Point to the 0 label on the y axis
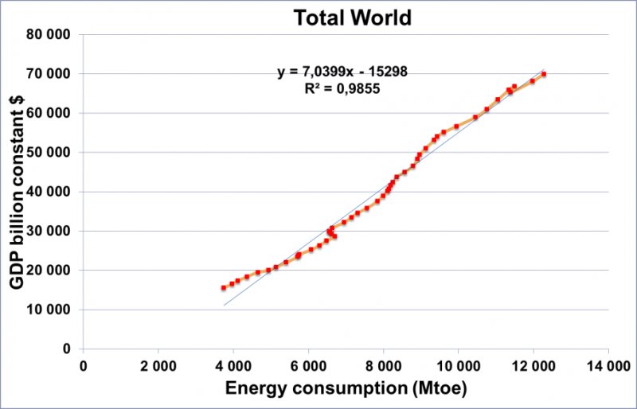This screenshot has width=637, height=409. pyautogui.click(x=68, y=349)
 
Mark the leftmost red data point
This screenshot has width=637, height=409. pyautogui.click(x=224, y=288)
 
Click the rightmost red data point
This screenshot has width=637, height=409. pyautogui.click(x=544, y=75)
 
